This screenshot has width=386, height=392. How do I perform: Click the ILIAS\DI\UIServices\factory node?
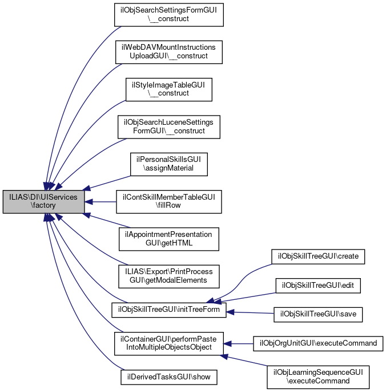tap(44, 201)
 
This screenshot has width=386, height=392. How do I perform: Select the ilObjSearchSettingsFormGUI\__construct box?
tap(168, 14)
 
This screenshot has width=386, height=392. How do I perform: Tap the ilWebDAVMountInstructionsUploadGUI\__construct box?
tap(168, 52)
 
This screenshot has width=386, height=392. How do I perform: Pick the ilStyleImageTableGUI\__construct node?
tap(168, 89)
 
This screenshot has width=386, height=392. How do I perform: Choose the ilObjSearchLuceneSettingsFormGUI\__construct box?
tap(168, 126)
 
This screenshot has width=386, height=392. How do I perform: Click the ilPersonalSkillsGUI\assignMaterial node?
tap(168, 164)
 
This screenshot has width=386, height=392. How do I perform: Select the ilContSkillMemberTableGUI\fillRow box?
tap(168, 201)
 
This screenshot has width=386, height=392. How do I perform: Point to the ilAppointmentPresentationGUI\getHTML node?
tap(168, 239)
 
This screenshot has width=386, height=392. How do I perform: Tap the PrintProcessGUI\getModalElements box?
tap(168, 276)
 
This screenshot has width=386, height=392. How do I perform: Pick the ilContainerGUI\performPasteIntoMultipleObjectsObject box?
tap(168, 343)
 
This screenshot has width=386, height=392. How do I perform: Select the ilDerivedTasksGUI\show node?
tap(168, 377)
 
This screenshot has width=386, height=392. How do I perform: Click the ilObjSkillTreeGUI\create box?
tap(317, 256)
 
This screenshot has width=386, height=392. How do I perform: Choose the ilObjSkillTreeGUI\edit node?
tap(319, 284)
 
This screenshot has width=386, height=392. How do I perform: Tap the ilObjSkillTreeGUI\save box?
tap(319, 314)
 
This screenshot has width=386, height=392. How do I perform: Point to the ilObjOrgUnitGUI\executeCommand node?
tap(318, 343)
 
